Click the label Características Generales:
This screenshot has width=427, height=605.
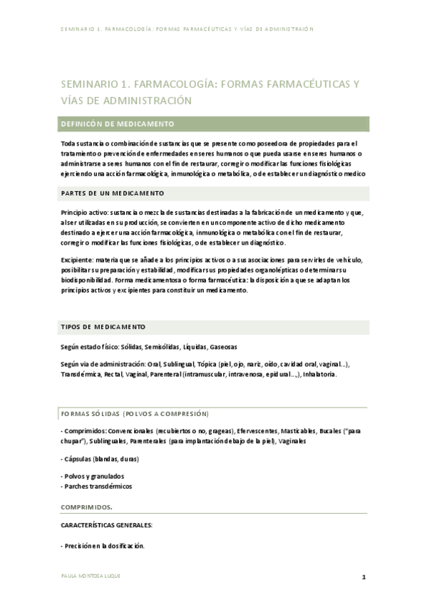click(107, 525)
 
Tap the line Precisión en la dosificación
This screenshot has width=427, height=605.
click(103, 546)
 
